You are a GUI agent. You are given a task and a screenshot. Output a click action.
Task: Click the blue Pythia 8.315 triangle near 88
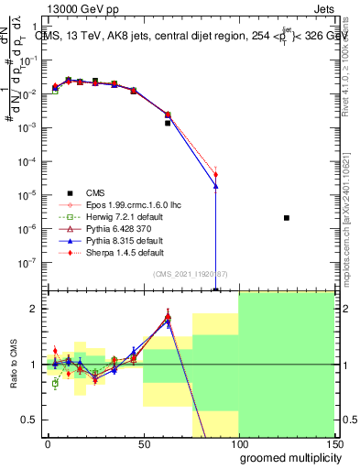pos(215,186)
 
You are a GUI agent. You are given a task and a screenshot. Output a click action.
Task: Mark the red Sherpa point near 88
pos(215,174)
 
